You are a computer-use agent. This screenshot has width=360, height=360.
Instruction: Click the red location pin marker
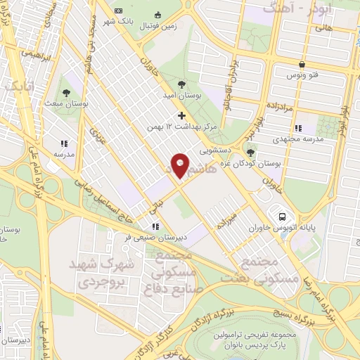(181, 165)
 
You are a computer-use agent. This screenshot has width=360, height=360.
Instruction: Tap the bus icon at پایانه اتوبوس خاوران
(281, 217)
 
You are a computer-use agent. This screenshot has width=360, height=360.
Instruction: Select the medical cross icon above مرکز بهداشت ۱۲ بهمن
(181, 115)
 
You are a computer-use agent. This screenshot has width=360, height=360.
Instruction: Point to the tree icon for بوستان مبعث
(65, 93)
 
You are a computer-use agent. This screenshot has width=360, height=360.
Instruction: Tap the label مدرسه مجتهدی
(309, 139)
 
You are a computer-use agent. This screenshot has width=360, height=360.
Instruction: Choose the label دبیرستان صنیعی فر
(128, 238)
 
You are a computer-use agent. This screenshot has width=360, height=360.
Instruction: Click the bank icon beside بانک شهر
(117, 11)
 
